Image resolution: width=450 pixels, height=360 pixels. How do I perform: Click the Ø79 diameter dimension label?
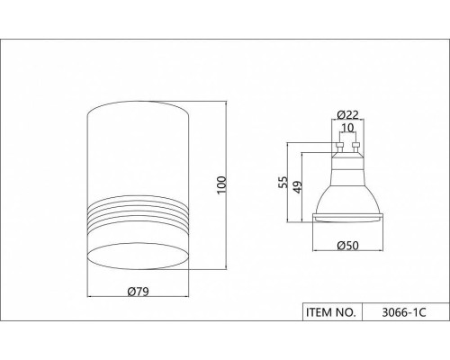click(138, 292)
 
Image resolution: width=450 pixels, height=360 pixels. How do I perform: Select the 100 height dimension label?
click(221, 185)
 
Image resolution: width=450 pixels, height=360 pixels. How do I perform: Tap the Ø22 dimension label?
click(347, 114)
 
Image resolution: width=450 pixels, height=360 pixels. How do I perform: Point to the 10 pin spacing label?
click(347, 128)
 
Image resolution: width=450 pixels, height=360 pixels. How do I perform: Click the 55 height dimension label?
click(283, 182)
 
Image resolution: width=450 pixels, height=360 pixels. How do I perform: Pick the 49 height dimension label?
click(297, 187)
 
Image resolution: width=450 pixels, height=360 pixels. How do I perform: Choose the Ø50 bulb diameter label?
click(347, 246)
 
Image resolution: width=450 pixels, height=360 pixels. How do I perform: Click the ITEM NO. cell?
click(332, 312)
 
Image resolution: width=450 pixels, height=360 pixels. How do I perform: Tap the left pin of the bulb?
click(339, 148)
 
